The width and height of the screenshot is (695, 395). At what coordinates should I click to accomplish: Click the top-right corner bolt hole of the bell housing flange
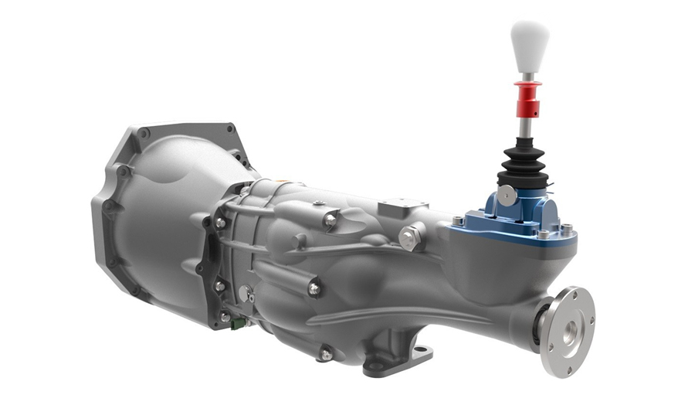(229, 132)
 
